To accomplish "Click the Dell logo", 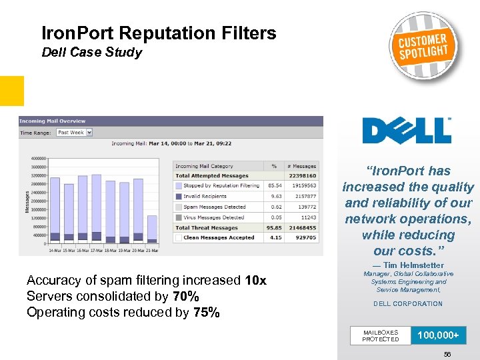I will coord(407,130).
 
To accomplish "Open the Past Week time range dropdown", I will coord(74,133).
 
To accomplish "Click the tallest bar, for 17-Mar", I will coord(97,207).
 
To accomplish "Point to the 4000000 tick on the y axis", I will coord(38,158).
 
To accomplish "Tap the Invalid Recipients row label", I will coord(205,197).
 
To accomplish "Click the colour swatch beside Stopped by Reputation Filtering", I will coord(178,186).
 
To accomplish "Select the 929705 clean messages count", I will coord(305,237).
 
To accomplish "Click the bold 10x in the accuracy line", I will coord(256,281).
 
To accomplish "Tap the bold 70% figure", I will coord(185,297).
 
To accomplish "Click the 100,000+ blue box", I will coord(438,335).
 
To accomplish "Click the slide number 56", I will coord(447,354).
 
